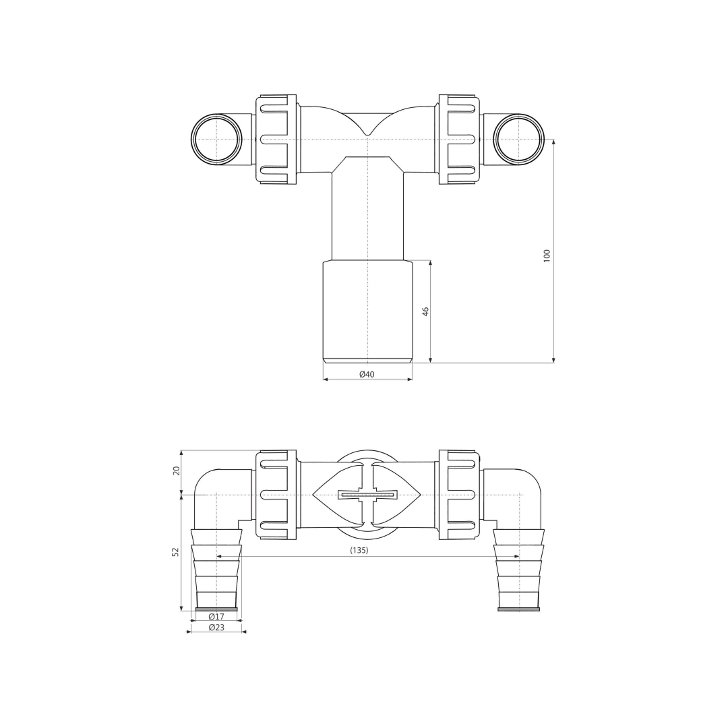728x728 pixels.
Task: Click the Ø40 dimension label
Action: (x=367, y=374)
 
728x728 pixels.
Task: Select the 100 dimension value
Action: (x=547, y=256)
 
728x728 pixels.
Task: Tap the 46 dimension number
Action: (x=426, y=311)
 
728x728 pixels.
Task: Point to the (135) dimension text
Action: (x=359, y=550)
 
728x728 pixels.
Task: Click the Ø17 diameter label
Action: (x=216, y=617)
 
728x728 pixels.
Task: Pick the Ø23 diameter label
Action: (x=216, y=628)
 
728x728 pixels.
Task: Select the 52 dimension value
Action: (x=175, y=551)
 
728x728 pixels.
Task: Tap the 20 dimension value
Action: (x=176, y=471)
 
